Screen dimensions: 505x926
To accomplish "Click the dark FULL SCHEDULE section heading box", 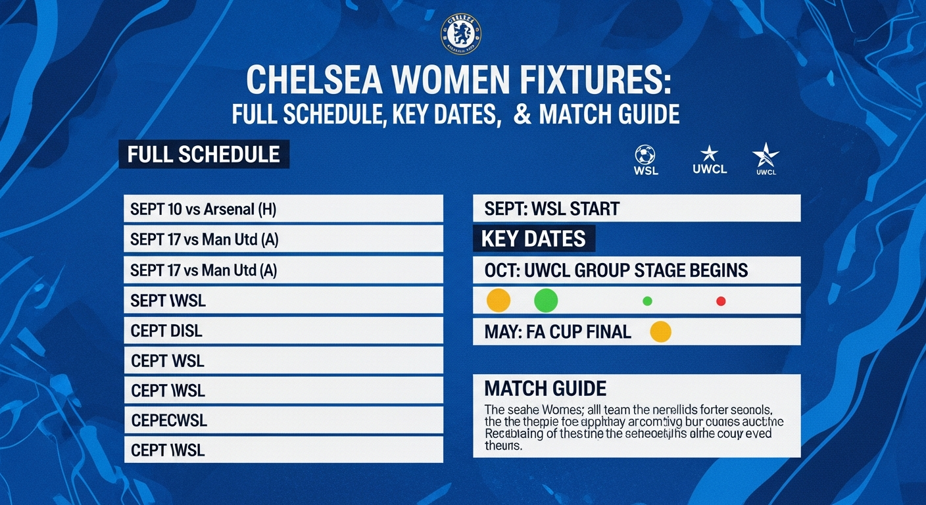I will (204, 155).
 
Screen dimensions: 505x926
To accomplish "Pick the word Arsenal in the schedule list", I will (228, 209).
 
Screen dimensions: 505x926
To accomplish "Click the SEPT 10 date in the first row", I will (155, 209).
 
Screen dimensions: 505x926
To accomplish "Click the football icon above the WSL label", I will (645, 155).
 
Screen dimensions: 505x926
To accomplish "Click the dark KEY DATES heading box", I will (533, 239).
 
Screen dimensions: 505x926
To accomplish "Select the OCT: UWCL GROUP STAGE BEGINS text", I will (616, 270).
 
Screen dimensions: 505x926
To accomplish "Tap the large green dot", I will (546, 301).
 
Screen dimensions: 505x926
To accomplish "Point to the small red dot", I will (720, 301).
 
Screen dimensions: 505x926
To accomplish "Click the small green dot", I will (647, 301).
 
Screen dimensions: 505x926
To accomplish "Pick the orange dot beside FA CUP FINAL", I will (660, 331).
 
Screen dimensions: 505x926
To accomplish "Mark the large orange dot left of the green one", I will (498, 301).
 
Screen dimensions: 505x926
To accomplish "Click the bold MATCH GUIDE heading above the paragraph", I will (545, 387).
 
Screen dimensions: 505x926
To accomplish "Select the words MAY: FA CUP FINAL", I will (558, 332).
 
